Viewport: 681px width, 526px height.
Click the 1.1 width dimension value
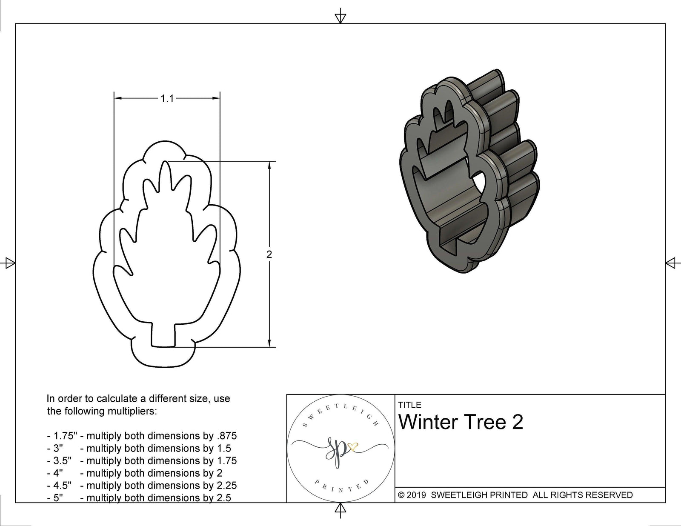167,99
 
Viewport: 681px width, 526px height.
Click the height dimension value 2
269,254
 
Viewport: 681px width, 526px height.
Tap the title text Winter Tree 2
461,422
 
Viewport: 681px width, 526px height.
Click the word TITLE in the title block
409,405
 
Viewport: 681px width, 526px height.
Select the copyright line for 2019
515,495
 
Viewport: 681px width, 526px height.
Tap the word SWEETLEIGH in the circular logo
340,412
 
